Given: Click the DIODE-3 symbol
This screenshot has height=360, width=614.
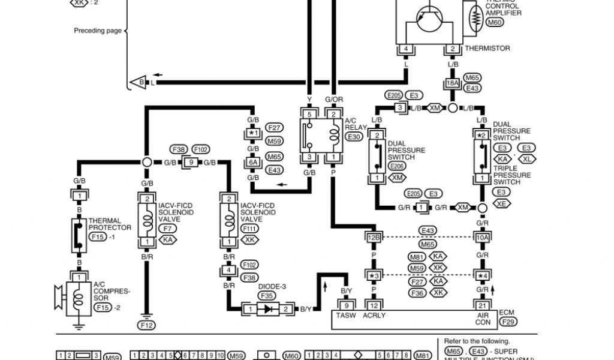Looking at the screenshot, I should click(x=267, y=309).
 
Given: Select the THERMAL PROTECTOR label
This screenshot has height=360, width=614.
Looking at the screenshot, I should click(x=110, y=224).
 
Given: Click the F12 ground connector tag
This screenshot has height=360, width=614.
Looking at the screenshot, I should click(x=146, y=325).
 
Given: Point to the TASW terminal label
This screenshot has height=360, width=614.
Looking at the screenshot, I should click(x=347, y=316).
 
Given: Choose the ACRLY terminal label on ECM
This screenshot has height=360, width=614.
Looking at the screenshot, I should click(x=375, y=316).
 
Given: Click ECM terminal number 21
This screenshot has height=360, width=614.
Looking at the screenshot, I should click(x=481, y=306).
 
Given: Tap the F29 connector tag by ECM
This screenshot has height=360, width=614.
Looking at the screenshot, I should click(x=507, y=322).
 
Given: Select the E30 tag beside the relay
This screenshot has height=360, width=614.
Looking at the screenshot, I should click(x=354, y=137).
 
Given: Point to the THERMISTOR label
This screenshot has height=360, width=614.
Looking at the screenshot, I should click(x=487, y=49).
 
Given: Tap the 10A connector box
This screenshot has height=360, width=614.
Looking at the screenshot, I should click(x=481, y=238).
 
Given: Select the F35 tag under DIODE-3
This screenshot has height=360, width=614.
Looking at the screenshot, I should click(x=267, y=295).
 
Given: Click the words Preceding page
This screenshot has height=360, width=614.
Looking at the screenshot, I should click(x=98, y=31).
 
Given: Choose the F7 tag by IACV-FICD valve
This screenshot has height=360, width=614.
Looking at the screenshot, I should click(x=167, y=229).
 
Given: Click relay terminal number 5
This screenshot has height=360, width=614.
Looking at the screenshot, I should click(x=309, y=114).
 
